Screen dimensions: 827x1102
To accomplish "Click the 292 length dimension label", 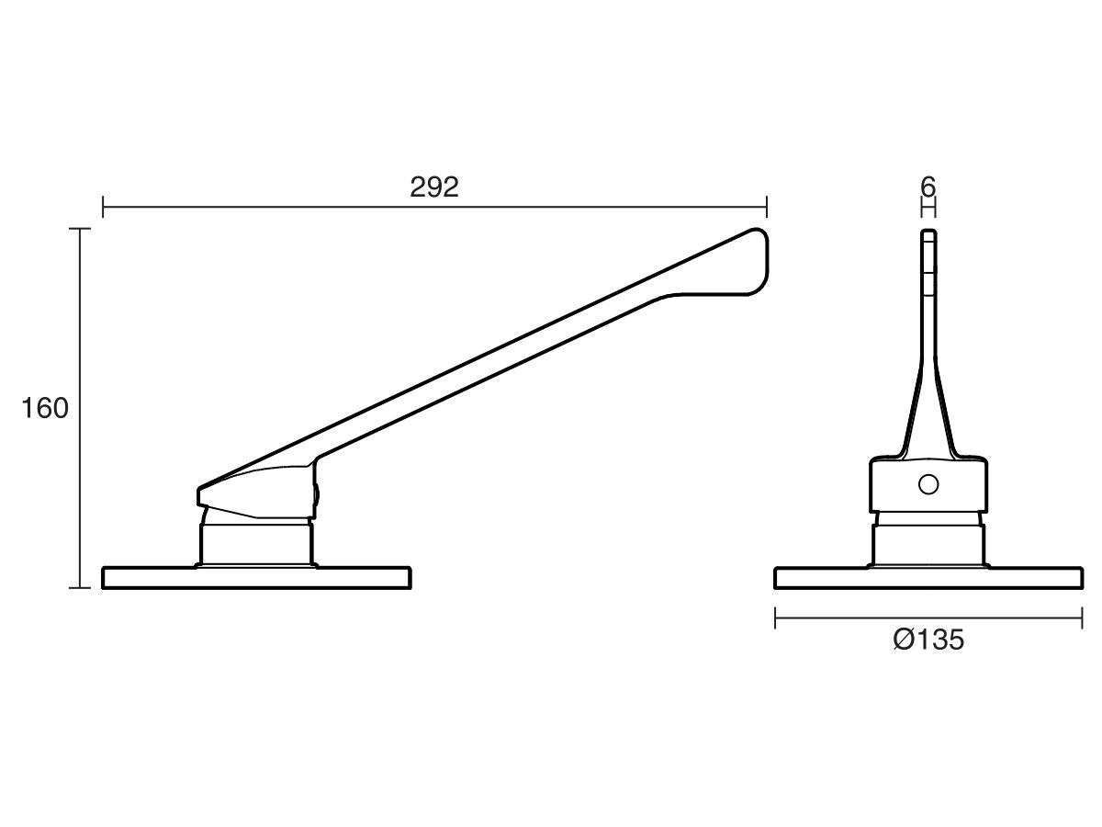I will (433, 187).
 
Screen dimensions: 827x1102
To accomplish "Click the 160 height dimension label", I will (45, 408).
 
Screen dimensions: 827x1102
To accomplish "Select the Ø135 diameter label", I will (928, 640).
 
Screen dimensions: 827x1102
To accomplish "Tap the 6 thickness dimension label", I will (928, 187).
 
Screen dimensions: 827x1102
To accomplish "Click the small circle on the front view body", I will (928, 484).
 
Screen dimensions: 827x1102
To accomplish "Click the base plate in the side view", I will (256, 578).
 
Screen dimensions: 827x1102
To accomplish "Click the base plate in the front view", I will (928, 578).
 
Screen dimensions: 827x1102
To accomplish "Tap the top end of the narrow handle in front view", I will (928, 233).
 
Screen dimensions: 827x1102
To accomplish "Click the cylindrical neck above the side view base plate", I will (257, 542).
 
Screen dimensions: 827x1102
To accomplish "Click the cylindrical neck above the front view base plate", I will (928, 544).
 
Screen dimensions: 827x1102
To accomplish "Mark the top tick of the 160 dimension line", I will (83, 228).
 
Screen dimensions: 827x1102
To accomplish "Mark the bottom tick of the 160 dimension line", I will (83, 587).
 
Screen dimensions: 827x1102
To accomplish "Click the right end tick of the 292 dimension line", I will (767, 208).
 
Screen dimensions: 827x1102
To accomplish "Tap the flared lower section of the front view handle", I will (928, 413).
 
